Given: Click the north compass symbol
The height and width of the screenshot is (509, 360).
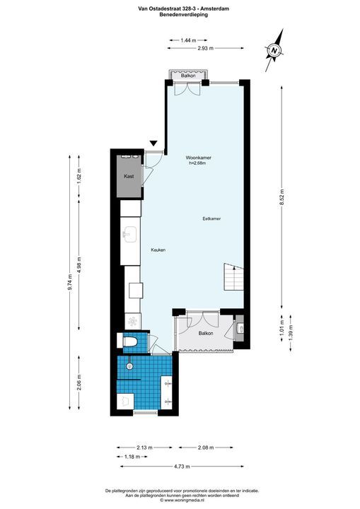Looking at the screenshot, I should point(274,49).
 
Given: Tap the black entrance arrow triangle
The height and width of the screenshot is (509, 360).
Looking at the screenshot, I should point(154,144).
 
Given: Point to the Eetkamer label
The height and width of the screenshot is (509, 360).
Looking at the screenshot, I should point(211,218).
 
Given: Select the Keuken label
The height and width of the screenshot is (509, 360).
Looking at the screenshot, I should point(158,250).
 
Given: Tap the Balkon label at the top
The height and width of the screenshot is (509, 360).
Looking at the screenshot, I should point(188,76).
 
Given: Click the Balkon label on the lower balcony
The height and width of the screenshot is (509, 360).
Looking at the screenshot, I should point(206,333).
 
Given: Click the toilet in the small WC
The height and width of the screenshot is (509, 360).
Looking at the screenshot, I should point(129,342).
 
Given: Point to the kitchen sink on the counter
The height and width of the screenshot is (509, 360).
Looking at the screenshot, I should point(130,234).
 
